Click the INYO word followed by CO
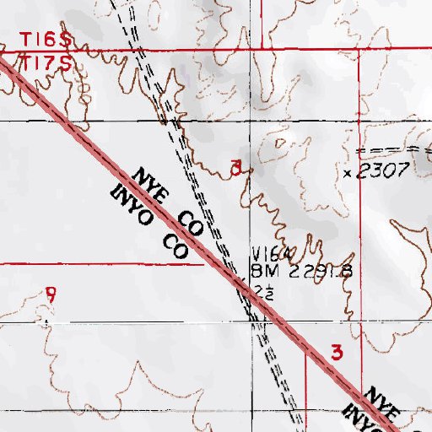(x=131, y=208)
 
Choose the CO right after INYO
(x=175, y=246)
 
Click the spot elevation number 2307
(x=384, y=171)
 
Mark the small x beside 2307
(x=348, y=172)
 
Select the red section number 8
(x=237, y=166)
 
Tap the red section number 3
(x=337, y=353)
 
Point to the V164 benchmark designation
(x=272, y=255)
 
